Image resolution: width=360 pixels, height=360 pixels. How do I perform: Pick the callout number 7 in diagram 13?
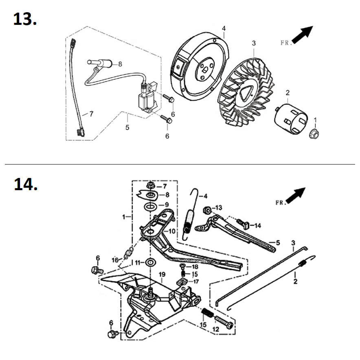pos(91,114)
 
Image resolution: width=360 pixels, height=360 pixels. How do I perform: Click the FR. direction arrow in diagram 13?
pos(303,34)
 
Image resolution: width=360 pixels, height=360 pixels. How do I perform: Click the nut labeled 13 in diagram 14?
pos(207,211)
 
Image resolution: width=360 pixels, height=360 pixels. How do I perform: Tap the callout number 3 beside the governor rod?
pos(293,243)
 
